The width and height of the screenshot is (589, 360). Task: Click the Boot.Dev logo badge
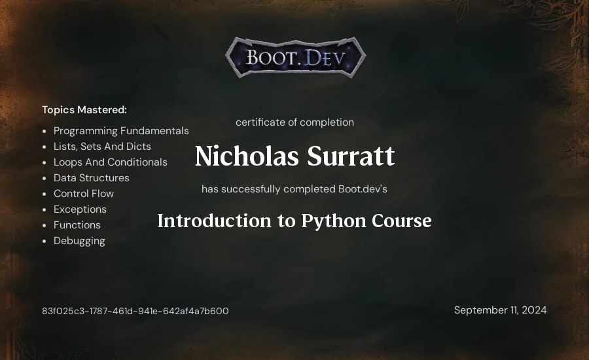296,58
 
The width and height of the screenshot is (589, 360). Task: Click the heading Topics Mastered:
84,110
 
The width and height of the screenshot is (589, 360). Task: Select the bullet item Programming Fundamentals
121,131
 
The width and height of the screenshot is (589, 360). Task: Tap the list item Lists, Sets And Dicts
102,146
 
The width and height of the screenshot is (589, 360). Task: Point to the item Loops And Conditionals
111,162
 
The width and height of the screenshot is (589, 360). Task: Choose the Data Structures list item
91,178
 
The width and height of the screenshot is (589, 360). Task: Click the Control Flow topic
84,194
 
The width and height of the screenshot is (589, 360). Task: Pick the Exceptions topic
80,209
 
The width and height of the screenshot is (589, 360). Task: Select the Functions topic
77,225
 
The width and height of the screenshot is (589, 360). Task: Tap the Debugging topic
79,241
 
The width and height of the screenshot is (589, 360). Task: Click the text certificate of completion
295,122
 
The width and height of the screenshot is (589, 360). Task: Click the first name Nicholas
247,156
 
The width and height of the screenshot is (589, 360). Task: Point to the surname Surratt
351,156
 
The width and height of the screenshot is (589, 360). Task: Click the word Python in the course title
333,221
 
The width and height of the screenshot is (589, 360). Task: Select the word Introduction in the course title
214,221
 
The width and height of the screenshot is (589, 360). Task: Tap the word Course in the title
402,221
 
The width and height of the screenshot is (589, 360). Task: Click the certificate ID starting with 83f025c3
135,311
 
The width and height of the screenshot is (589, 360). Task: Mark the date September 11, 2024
501,310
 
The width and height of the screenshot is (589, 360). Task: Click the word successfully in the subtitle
251,189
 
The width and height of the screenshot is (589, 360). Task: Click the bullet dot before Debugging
45,241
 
